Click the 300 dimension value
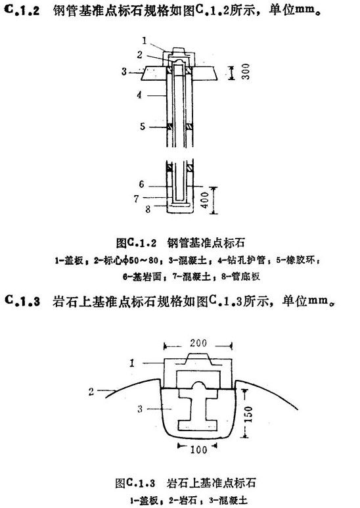(x=246, y=72)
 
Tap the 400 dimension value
(x=205, y=200)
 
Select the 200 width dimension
(x=198, y=343)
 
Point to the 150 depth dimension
(x=248, y=415)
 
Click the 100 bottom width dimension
(x=198, y=450)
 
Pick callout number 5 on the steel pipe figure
(x=143, y=126)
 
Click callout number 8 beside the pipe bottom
(x=148, y=209)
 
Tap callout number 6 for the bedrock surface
(x=141, y=184)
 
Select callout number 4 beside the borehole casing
(x=139, y=95)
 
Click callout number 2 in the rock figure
(x=91, y=392)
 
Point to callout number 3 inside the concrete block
(x=140, y=409)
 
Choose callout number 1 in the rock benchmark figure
(x=132, y=363)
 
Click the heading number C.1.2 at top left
(x=22, y=10)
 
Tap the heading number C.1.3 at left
(x=22, y=301)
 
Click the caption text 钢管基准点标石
(x=206, y=242)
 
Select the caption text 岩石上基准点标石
(x=211, y=483)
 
